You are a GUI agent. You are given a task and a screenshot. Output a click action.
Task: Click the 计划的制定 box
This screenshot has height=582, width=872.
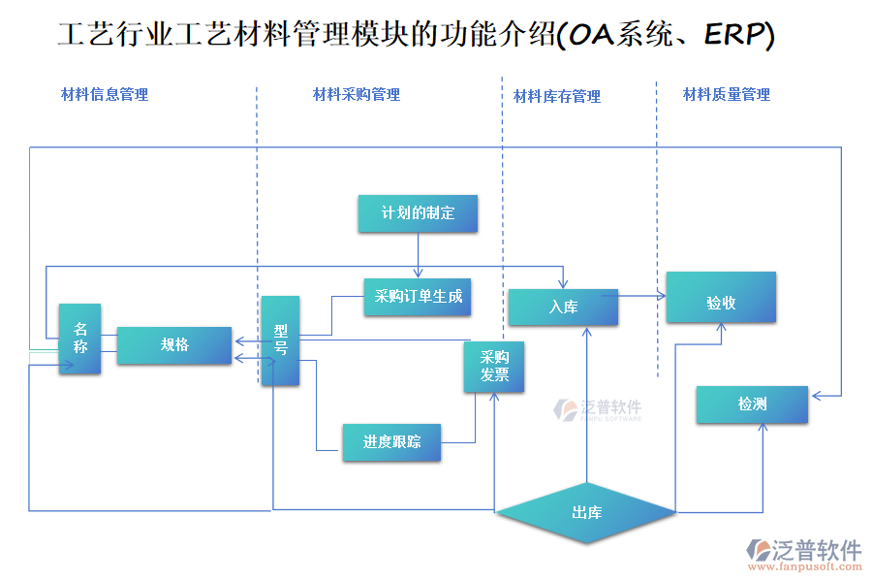tap(418, 213)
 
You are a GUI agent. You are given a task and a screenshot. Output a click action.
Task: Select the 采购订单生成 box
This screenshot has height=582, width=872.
tap(418, 297)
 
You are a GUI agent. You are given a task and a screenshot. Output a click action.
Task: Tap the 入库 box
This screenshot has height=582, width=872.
tap(563, 307)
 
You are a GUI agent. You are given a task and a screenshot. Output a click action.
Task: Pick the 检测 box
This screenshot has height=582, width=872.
tap(752, 404)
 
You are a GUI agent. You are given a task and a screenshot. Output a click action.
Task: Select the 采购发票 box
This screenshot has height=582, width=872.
tap(494, 367)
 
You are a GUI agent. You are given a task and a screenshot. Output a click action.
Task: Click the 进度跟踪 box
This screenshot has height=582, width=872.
tap(391, 442)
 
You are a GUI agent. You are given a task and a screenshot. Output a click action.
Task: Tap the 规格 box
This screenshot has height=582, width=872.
tap(174, 345)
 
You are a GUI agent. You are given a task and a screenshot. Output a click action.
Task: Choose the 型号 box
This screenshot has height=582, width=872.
tap(280, 340)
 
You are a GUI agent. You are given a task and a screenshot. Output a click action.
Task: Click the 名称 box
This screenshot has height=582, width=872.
tap(79, 339)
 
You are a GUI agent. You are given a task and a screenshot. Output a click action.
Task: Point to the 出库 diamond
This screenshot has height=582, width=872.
tap(586, 512)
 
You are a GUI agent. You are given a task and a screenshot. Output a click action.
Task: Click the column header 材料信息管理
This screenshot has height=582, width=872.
tap(105, 94)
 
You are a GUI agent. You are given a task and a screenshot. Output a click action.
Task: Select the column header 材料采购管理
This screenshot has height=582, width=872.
tap(357, 94)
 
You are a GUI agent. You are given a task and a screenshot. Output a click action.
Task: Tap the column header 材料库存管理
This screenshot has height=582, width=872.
tap(557, 96)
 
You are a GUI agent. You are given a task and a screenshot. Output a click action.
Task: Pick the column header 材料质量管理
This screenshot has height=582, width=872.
tap(727, 94)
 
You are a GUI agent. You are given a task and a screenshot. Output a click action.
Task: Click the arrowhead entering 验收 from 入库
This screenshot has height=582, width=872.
tap(662, 295)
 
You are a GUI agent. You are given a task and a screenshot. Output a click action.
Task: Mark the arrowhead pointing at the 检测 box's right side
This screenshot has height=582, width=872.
tap(816, 395)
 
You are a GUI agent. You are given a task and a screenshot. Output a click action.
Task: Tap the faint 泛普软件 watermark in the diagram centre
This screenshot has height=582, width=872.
tap(598, 409)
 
